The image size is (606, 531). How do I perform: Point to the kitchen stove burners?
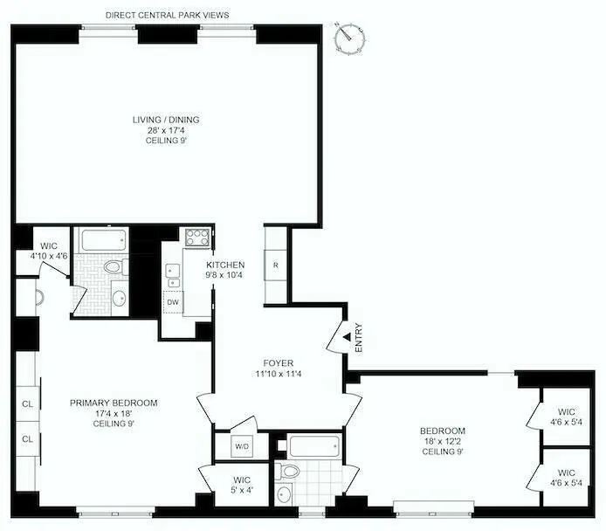pos(195,238)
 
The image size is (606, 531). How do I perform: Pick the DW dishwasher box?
pos(173,302)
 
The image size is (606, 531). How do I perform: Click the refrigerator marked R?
pos(276,265)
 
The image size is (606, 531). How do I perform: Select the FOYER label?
pos(279,367)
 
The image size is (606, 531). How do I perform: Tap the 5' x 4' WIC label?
pos(243,485)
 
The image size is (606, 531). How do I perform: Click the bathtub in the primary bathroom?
pos(103,239)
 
